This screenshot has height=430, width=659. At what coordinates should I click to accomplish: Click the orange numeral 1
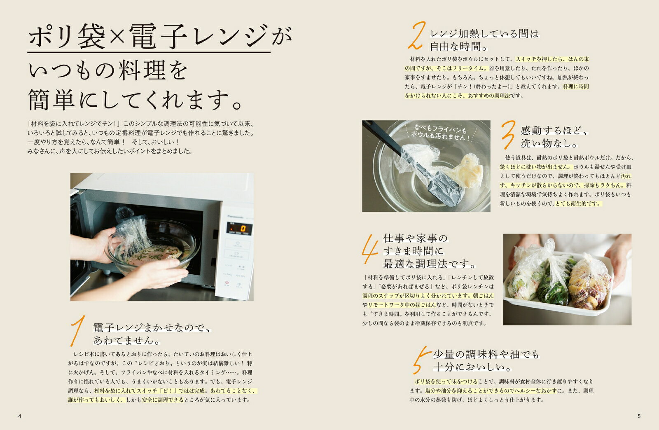point(78,330)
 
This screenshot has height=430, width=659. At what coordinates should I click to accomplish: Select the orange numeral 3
point(509,135)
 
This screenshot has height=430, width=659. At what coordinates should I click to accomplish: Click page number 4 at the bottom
point(20,416)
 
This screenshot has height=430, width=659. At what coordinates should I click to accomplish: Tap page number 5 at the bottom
point(639,416)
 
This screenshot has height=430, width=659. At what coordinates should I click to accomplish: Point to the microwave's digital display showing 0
point(238,228)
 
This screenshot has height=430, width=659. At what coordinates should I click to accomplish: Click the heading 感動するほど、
point(554,130)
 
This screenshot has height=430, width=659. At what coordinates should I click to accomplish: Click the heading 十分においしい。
point(472,367)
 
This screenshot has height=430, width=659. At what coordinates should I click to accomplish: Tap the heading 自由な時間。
point(459,47)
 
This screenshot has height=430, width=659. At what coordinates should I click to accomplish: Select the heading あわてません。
point(127,340)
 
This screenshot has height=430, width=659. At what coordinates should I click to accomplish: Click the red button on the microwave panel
point(227,284)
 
